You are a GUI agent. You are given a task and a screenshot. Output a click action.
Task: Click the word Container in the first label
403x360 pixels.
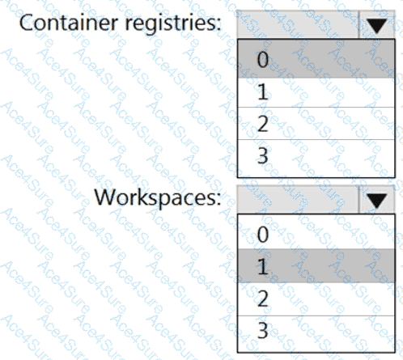pyautogui.click(x=69, y=23)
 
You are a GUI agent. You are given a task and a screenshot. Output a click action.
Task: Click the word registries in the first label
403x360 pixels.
pyautogui.click(x=171, y=24)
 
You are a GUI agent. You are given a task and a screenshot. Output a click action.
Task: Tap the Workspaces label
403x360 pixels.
pyautogui.click(x=157, y=198)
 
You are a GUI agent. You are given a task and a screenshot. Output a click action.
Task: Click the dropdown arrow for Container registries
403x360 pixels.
pyautogui.click(x=377, y=25)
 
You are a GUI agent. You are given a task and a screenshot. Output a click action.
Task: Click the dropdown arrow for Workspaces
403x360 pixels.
pyautogui.click(x=377, y=200)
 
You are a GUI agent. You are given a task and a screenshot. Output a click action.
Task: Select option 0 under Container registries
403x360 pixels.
pyautogui.click(x=316, y=59)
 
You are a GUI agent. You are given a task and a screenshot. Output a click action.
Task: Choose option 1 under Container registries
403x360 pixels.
pyautogui.click(x=316, y=92)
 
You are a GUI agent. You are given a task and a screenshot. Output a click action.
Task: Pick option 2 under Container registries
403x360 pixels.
pyautogui.click(x=316, y=124)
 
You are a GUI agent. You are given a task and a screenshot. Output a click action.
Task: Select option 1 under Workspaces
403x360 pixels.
pyautogui.click(x=316, y=266)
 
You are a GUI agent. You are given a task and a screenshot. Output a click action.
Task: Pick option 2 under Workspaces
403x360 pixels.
pyautogui.click(x=316, y=299)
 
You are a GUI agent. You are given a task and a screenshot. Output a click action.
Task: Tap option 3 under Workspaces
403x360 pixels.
pyautogui.click(x=316, y=333)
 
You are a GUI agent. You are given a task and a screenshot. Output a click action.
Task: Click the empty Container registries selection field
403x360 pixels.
pyautogui.click(x=298, y=25)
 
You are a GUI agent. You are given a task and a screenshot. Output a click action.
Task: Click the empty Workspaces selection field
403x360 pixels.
pyautogui.click(x=298, y=200)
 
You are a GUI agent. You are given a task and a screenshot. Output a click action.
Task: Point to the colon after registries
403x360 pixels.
pyautogui.click(x=218, y=24)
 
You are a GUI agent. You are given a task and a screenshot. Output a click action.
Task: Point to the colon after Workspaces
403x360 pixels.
pyautogui.click(x=218, y=200)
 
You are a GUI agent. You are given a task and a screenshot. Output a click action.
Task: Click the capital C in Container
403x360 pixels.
pyautogui.click(x=27, y=23)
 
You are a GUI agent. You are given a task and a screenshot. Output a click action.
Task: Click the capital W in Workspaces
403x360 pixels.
pyautogui.click(x=106, y=197)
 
